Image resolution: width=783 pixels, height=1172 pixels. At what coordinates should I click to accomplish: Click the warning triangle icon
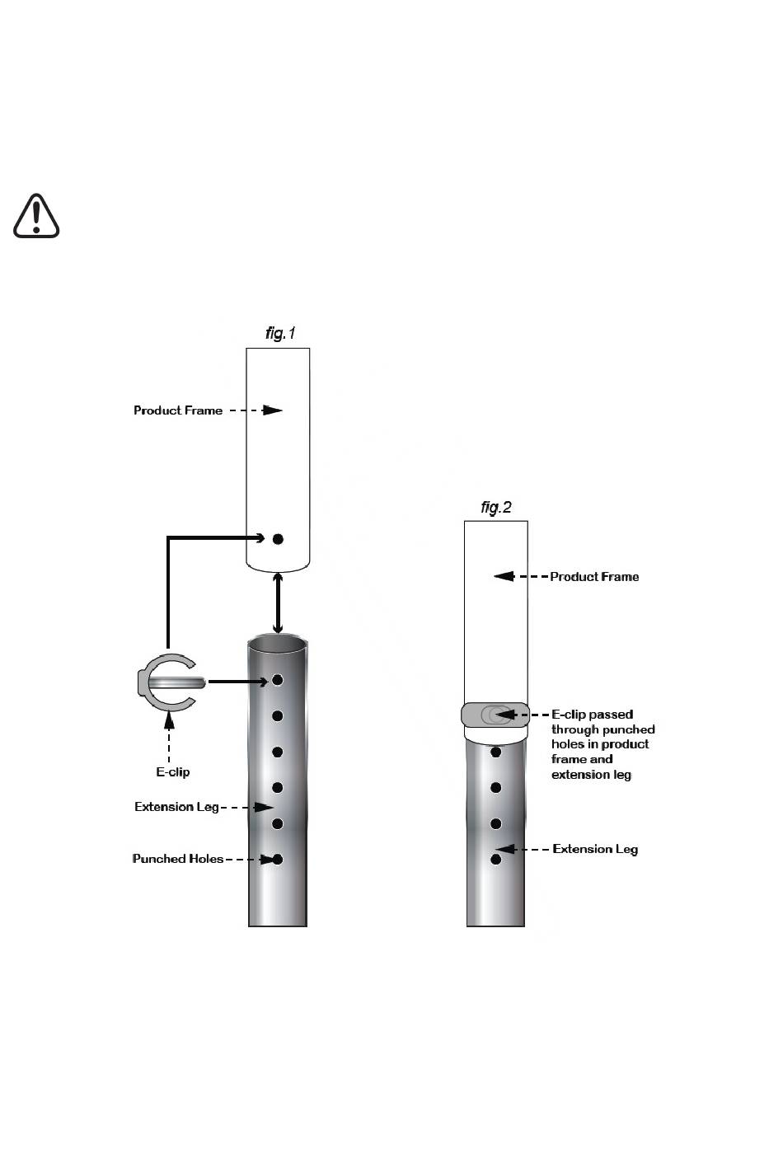point(36,216)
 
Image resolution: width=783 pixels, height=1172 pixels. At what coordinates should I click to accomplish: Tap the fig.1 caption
point(280,333)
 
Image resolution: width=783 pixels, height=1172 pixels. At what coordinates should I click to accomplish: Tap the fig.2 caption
point(495,507)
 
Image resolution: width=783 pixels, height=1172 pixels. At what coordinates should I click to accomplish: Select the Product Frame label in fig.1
point(178,410)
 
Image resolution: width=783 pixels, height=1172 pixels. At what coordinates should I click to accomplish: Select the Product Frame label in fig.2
point(594,577)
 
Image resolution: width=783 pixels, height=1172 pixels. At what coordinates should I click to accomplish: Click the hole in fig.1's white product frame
point(278,539)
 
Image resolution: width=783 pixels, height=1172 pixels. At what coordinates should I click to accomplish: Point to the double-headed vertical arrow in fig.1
point(278,603)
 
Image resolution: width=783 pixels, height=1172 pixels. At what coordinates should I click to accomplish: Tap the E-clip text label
point(173,771)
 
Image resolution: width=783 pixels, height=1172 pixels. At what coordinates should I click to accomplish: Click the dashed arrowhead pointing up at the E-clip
point(168,720)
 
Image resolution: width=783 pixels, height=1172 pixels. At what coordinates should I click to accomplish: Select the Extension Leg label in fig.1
point(176,807)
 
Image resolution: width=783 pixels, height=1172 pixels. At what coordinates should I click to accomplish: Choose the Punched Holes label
point(178,859)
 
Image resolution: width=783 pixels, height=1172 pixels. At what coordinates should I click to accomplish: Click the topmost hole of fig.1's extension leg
point(278,680)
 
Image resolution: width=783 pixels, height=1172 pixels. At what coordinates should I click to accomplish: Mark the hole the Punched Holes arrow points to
point(278,859)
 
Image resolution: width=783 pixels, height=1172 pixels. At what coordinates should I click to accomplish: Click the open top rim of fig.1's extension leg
point(278,644)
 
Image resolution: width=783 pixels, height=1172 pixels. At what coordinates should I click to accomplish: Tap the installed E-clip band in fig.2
point(495,715)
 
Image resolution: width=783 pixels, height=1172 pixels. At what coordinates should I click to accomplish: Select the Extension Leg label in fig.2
point(595,849)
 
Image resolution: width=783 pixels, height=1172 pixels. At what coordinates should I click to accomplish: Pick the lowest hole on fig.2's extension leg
point(495,859)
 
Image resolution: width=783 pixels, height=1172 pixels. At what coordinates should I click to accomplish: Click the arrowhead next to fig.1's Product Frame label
point(272,410)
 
